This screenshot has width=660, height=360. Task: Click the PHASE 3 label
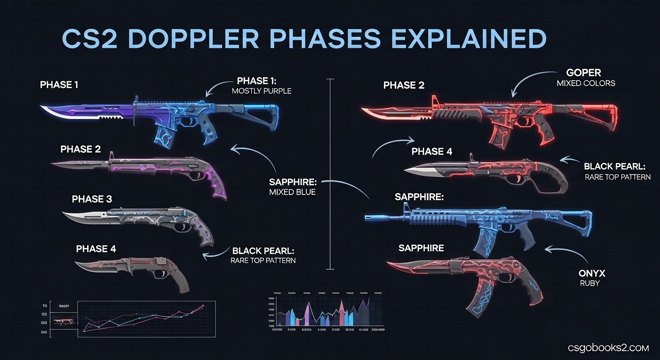pos(92,199)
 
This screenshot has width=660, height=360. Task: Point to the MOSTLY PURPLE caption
pos(262,91)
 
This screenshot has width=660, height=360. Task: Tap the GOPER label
pos(583,73)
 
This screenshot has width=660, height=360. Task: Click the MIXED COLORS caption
pos(586,83)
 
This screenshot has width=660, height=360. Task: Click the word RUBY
pos(589,284)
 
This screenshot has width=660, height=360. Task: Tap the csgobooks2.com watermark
pos(608,348)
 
